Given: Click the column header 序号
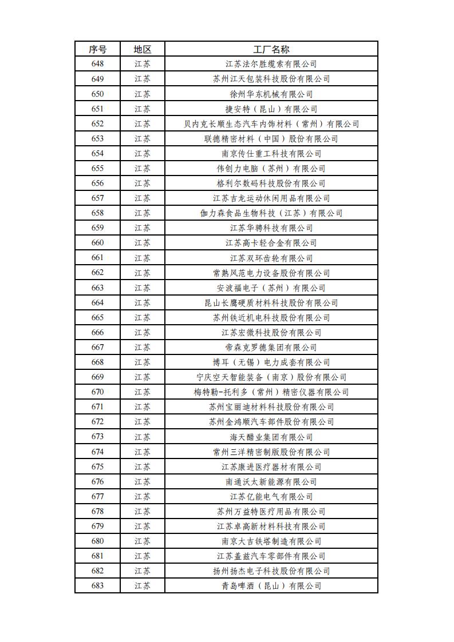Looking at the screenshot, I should pos(97,49).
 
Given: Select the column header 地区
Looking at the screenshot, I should pos(143,49).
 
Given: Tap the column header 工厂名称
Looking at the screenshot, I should pos(271,49).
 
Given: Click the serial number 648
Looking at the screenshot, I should pos(97,64).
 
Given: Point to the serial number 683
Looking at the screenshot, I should pos(97,585).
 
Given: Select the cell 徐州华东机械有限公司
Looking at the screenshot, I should pos(271,94).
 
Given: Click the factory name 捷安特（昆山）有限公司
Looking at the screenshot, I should pos(271,109).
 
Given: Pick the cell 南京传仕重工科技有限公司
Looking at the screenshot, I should pos(271,153).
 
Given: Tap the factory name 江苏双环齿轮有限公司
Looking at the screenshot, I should pos(271,258).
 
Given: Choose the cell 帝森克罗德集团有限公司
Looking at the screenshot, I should pos(271,347).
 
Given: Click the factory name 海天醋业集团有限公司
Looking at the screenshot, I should pos(271,437).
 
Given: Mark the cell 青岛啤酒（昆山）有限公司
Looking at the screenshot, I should pos(271,585).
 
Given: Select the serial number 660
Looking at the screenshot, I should pos(97,243).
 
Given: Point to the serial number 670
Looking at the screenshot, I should pos(97,392).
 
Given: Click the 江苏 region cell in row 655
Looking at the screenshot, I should pos(143,169).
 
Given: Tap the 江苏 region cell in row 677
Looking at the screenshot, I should pos(143,496).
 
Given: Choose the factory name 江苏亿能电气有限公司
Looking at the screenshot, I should pos(271,496).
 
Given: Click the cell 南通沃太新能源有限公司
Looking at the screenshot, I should pos(271,481).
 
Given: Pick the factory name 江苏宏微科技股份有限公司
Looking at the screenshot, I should pos(271,332).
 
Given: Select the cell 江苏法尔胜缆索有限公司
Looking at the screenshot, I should pos(271,64).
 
